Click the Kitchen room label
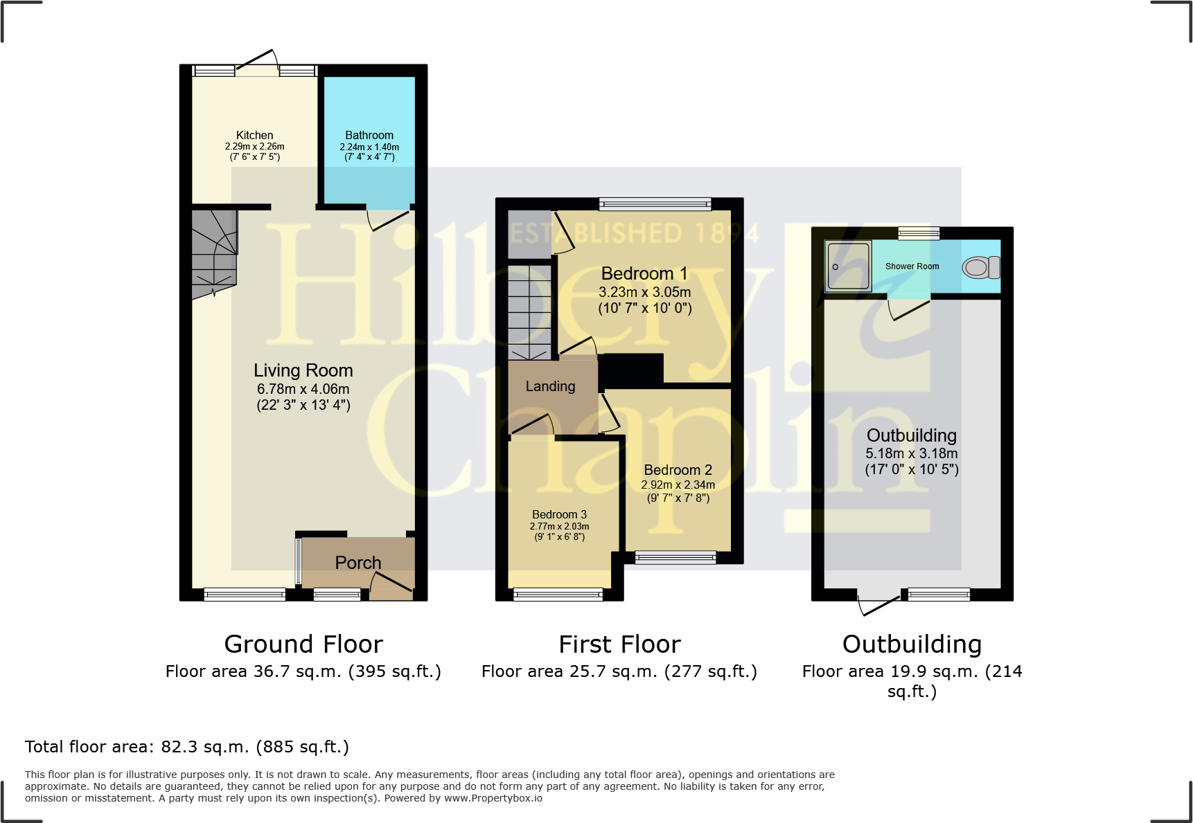coord(254,135)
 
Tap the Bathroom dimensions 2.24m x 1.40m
coord(369,147)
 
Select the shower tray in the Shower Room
coord(849,266)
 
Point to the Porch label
coord(358,563)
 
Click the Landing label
coord(550,386)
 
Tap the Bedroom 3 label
coord(559,514)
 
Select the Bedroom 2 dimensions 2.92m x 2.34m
coord(678,485)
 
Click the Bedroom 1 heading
coord(644,273)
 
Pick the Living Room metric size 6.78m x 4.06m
coord(303,389)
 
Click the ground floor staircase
coord(214,253)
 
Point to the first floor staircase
coord(530,311)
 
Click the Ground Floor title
coord(303,644)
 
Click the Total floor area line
coord(187,747)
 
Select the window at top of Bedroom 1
coord(655,204)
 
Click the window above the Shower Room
coord(919,233)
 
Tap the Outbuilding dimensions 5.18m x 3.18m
coord(911,453)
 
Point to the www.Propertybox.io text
coord(493,798)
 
